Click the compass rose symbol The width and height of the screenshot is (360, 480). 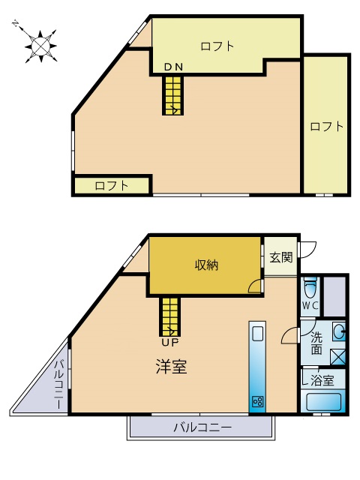(40, 46)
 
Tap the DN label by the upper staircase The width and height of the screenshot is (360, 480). (173, 67)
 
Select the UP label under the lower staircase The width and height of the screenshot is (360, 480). (170, 342)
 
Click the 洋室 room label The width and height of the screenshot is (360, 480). (172, 366)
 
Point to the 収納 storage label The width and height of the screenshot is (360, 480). (207, 265)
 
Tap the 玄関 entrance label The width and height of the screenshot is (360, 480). (281, 257)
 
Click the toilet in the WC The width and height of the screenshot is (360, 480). (310, 287)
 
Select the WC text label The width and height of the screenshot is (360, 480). (310, 305)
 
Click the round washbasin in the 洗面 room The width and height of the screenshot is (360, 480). (339, 331)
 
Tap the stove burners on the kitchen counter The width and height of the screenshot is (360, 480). (257, 401)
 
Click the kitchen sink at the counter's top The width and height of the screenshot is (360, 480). (257, 333)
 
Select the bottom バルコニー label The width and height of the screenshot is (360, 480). (202, 427)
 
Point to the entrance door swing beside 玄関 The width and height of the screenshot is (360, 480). (308, 250)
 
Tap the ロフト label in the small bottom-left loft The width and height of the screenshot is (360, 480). (112, 185)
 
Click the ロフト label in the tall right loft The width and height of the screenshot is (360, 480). (326, 127)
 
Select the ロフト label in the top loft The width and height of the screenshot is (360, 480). (217, 46)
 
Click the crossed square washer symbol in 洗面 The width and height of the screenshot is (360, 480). (338, 357)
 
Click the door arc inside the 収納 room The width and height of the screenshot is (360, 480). (255, 286)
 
